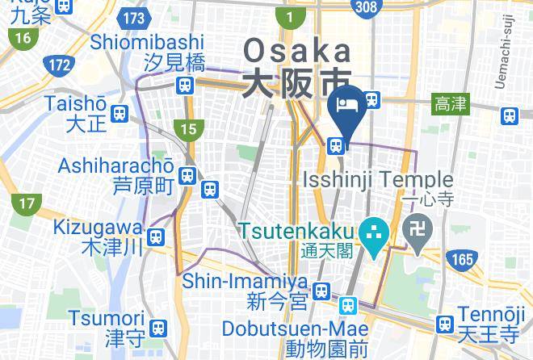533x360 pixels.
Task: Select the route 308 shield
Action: tap(366, 7)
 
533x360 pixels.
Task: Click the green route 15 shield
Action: tap(187, 128)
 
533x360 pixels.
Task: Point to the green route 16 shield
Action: tap(22, 37)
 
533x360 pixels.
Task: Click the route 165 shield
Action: tap(463, 259)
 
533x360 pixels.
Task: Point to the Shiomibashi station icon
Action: tap(187, 84)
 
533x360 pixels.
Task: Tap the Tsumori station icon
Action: tap(159, 327)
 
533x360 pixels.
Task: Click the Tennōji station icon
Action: tap(443, 324)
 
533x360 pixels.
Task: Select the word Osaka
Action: tap(298, 51)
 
